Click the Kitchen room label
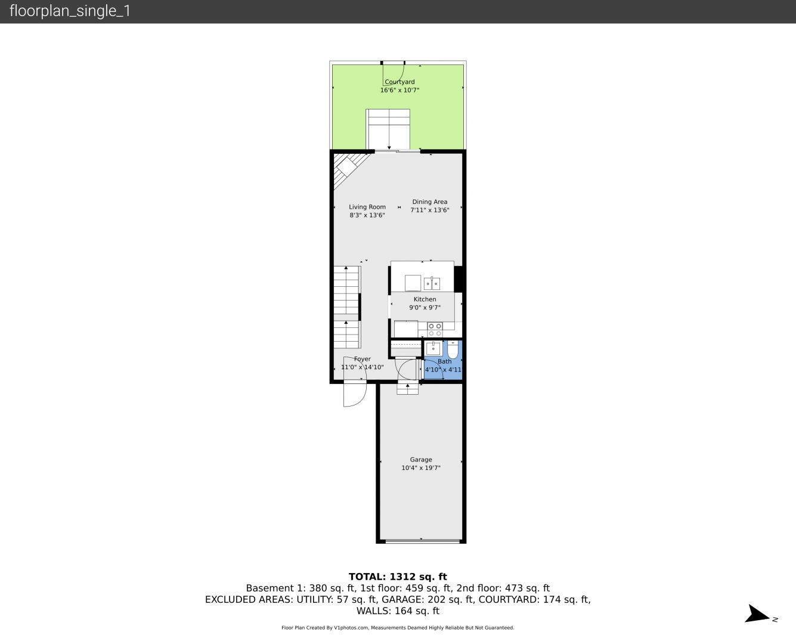click(x=425, y=299)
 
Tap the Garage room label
click(x=421, y=459)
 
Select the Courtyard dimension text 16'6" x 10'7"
click(x=399, y=90)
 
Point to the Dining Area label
click(x=429, y=202)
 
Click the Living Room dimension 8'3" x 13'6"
click(x=367, y=215)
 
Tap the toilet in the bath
click(x=453, y=349)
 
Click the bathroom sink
click(x=433, y=348)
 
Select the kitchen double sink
click(x=432, y=283)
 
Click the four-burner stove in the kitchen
click(x=435, y=329)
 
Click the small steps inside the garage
click(x=407, y=389)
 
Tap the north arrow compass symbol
click(x=759, y=614)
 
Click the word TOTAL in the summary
click(x=367, y=577)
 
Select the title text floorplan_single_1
click(x=70, y=11)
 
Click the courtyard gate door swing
click(x=394, y=75)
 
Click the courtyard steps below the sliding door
click(x=388, y=129)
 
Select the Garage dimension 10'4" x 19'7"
click(x=421, y=467)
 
